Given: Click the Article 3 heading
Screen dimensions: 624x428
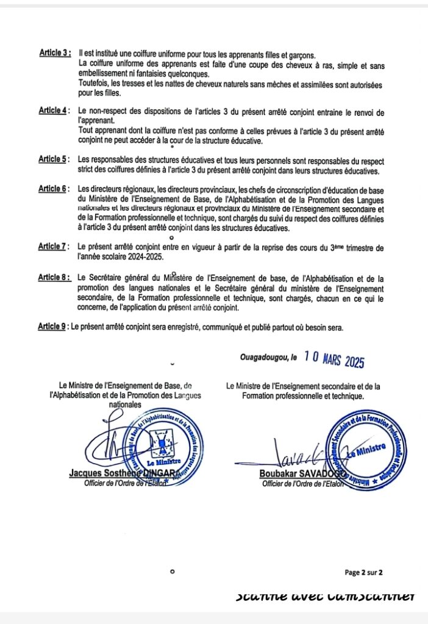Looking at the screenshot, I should point(55,53).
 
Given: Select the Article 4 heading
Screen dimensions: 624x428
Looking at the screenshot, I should point(54,111).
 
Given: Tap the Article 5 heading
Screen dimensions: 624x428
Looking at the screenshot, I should point(54,159).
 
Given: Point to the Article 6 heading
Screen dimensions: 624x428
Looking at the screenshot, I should point(54,189).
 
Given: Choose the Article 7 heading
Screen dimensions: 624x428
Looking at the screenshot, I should point(54,247).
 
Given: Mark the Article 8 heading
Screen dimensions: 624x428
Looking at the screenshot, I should point(54,277).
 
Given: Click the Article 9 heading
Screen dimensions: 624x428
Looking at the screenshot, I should point(53,327).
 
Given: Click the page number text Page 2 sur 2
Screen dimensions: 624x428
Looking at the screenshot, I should point(363,572).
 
